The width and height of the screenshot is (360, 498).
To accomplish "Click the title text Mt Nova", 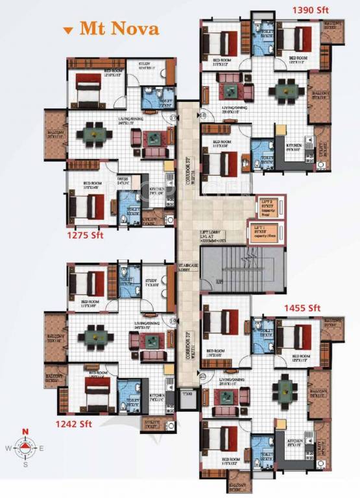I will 119,29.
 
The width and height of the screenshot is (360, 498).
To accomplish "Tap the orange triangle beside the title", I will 67,30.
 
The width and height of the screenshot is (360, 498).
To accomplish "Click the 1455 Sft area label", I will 302,307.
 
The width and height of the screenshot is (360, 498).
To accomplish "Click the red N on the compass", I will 25,432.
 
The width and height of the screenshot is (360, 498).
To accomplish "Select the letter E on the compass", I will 42,448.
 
